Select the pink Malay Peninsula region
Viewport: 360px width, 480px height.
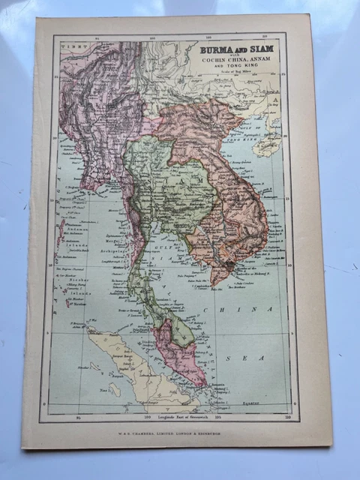[180, 352]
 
